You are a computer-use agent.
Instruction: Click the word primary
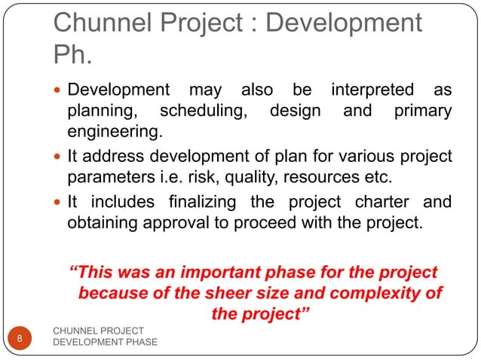pos(423,112)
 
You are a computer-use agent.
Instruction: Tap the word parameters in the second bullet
pos(110,179)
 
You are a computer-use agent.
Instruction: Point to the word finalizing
pos(202,203)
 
